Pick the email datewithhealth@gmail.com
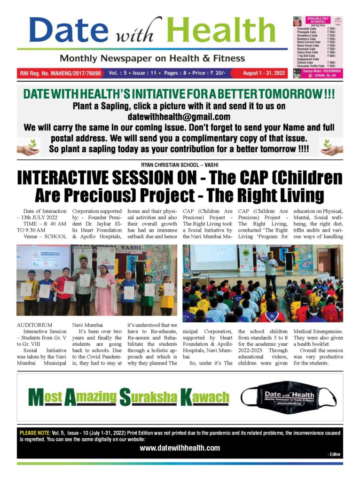click(179, 117)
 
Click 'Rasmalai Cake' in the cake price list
click(309, 49)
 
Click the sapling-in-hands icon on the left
click(28, 147)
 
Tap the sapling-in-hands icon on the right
click(331, 147)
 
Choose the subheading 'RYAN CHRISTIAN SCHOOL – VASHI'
click(180, 164)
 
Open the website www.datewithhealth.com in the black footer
click(180, 448)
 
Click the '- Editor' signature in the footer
click(334, 454)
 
